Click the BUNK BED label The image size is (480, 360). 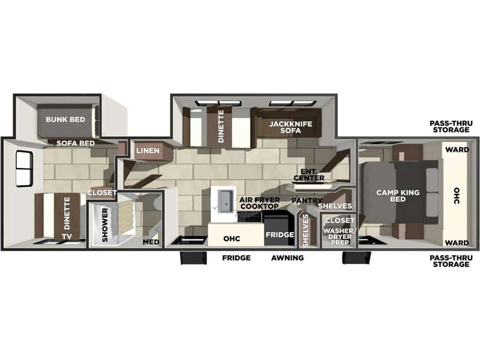65,119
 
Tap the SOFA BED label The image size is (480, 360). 76,143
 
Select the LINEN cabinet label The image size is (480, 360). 148,151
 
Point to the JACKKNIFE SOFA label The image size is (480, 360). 290,127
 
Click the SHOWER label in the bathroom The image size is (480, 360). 104,225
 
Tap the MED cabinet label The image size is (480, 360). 151,242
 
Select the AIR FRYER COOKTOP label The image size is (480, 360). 260,203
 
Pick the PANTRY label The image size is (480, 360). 307,200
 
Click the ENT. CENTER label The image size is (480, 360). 309,175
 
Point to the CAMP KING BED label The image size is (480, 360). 398,196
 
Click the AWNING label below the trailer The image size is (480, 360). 287,258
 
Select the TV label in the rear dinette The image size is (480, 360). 67,236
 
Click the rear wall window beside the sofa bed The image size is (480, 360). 24,169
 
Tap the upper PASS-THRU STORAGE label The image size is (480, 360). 451,127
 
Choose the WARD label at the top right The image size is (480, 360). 457,149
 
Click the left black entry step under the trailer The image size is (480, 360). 193,258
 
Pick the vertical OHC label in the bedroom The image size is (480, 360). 457,196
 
